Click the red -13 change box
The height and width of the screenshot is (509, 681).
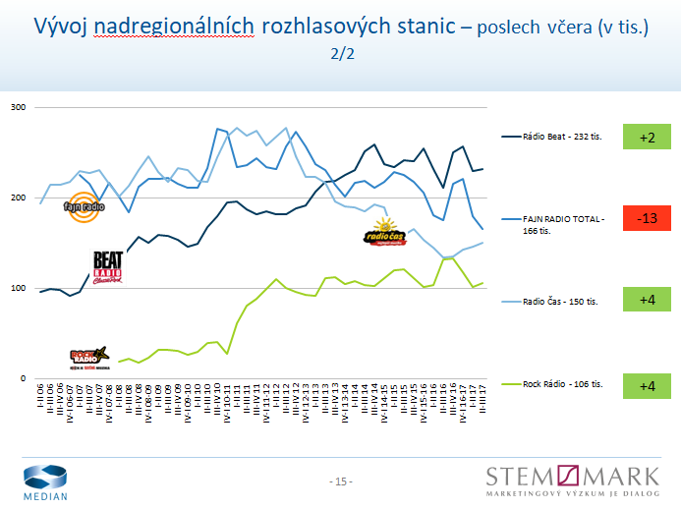point(646,217)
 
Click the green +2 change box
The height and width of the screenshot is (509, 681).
point(646,138)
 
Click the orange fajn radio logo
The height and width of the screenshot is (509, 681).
point(83,206)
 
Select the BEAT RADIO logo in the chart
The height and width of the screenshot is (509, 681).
point(108,267)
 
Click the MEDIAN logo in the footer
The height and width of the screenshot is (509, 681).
point(46,481)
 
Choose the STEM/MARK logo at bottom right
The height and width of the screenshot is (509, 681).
point(573,481)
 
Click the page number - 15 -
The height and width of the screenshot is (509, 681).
point(340,481)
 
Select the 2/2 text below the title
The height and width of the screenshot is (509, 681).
point(341,55)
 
